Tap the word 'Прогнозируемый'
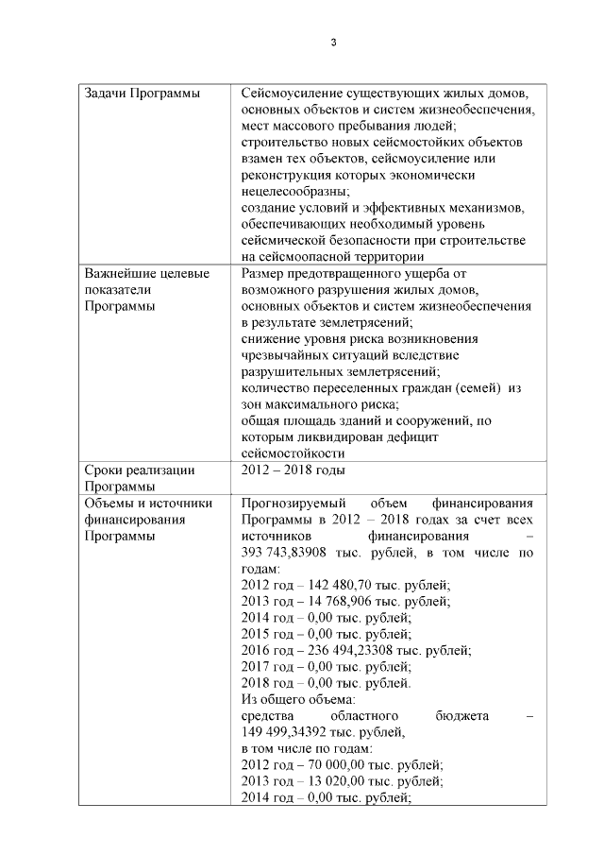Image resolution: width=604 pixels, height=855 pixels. click(294, 503)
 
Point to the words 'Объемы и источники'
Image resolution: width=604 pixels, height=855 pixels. click(148, 503)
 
